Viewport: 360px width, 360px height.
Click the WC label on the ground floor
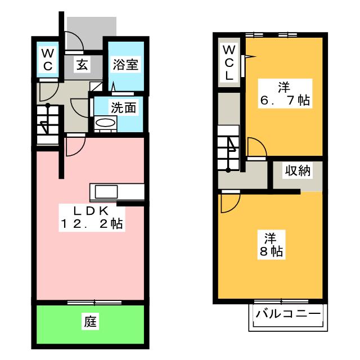[48, 60]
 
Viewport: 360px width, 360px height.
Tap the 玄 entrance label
[82, 64]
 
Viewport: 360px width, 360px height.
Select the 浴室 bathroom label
[125, 64]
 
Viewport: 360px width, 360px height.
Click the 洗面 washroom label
[124, 107]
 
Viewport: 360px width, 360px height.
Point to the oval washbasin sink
[105, 123]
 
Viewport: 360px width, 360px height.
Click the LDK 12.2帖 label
[92, 218]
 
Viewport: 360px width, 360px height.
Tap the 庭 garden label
[90, 321]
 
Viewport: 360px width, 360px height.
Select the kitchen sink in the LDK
[106, 192]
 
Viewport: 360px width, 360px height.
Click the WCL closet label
[229, 62]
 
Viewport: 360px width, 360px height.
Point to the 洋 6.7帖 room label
[285, 94]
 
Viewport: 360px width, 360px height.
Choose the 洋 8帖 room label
[271, 245]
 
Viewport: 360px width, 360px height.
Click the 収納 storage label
[298, 170]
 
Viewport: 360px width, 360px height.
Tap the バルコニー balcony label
[288, 313]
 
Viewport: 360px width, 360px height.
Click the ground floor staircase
[48, 124]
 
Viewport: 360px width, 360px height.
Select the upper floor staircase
[229, 148]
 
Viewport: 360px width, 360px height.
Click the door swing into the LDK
[76, 146]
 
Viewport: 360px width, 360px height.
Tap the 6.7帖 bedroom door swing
[257, 147]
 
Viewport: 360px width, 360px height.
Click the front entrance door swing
[74, 41]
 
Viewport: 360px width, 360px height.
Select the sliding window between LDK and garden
[94, 303]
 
